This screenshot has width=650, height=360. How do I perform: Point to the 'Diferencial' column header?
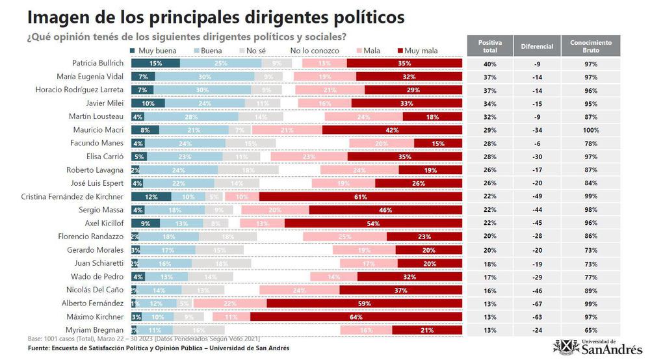pos(537,46)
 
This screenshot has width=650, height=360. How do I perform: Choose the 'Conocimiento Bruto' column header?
pos(591,46)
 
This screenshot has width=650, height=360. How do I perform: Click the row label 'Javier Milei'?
pos(105,103)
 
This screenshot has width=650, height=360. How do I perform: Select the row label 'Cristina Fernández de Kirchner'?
pos(72,196)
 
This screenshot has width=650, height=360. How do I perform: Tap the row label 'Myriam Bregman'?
pos(97,329)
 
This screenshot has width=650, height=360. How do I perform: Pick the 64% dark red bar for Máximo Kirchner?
pos(356,316)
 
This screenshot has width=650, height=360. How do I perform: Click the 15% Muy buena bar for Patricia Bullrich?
pos(155,63)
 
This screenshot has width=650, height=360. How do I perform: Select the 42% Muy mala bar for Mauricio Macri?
pos(392,130)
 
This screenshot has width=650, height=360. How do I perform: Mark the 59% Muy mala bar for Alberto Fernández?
pos(365,303)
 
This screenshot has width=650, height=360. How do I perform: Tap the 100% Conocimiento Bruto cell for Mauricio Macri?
pos(591,130)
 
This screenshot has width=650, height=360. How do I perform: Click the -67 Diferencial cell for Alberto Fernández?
pos(537,303)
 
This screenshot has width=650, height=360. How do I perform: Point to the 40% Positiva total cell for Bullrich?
pos(489,63)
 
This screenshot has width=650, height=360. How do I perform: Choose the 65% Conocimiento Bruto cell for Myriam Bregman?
pos(591,329)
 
